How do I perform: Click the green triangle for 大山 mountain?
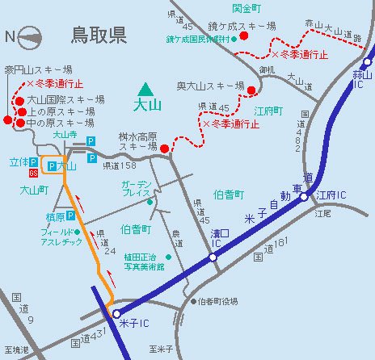click(145, 88)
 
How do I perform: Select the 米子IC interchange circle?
click(116, 312)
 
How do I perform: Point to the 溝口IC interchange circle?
click(212, 257)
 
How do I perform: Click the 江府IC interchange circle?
click(305, 195)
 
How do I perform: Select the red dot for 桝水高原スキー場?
click(163, 149)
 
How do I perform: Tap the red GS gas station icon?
click(33, 173)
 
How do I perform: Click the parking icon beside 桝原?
click(71, 216)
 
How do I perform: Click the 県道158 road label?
click(118, 165)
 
